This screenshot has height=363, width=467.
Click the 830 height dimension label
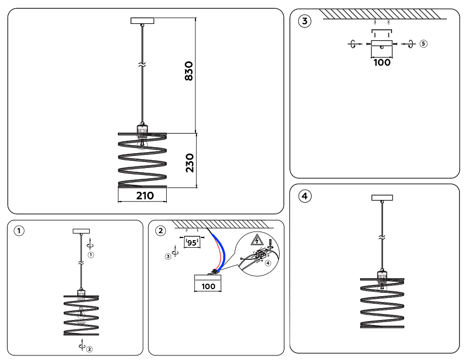(x=189, y=71)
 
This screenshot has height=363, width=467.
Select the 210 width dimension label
(x=144, y=196)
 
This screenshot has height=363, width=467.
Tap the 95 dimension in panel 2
(x=191, y=243)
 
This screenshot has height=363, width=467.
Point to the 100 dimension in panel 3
(x=382, y=62)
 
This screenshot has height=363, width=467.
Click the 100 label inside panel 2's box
(x=209, y=286)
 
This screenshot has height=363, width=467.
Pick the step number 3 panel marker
(x=306, y=22)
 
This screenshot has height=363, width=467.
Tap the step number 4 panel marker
(x=306, y=196)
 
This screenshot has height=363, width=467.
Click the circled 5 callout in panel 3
(x=424, y=43)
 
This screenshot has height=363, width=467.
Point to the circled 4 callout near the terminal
(x=268, y=262)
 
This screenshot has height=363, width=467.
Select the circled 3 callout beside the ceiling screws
(x=168, y=255)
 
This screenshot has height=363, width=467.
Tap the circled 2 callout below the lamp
(x=90, y=349)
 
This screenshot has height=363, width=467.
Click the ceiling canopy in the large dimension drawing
(x=143, y=21)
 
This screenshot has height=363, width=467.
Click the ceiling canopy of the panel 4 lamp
(x=382, y=198)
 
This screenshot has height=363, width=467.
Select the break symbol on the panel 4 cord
(x=382, y=237)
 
